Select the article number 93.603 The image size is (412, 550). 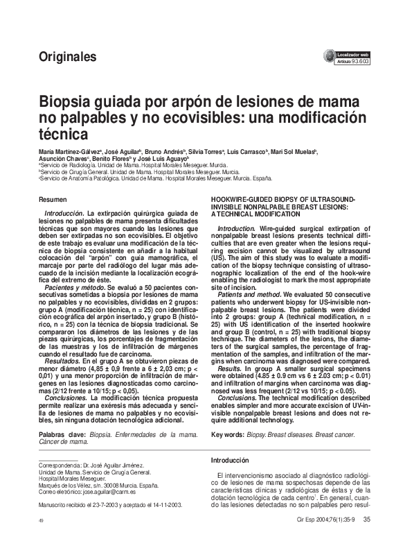coord(361,61)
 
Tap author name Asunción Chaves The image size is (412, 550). coord(61,159)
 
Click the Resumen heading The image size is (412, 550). coord(53,199)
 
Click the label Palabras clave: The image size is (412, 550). coord(63,434)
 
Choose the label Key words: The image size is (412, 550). coord(227,434)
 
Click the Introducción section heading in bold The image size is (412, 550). coord(229,461)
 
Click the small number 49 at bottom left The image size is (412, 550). coord(42,520)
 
